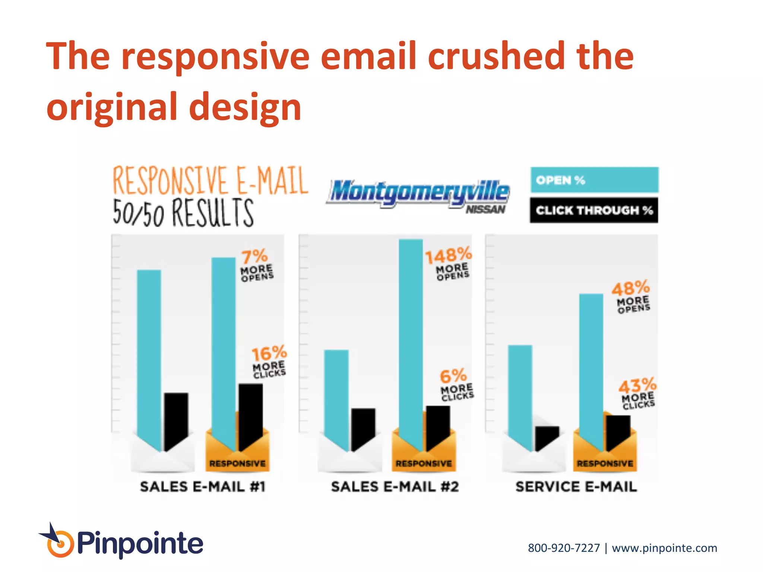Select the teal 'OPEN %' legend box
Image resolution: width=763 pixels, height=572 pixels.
594,180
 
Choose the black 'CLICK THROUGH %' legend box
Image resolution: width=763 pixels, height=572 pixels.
594,210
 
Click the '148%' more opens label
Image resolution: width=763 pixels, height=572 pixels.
448,256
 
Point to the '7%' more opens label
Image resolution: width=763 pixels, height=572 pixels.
254,257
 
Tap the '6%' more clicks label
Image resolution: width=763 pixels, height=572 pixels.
453,376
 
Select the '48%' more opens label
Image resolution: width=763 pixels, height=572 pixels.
630,288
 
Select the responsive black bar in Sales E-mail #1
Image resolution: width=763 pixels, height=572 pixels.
250,413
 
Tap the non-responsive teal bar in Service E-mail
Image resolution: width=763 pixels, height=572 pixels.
520,395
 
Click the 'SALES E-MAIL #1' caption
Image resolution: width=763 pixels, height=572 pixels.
202,487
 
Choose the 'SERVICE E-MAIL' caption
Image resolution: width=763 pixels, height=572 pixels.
576,487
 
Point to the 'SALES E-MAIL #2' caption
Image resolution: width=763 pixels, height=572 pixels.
395,487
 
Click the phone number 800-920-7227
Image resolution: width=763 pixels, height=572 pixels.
564,548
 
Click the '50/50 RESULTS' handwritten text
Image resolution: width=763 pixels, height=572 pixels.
183,213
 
